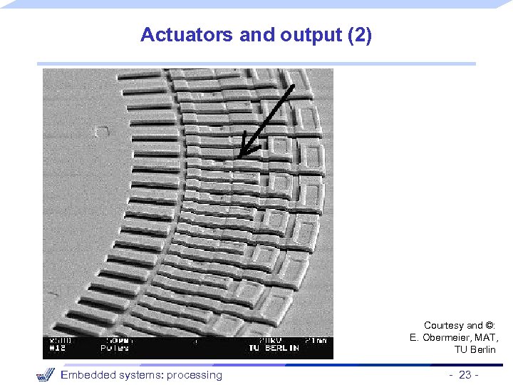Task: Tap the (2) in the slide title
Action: click(x=358, y=35)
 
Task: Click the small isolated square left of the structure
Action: click(x=102, y=130)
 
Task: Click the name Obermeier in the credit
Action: click(x=447, y=337)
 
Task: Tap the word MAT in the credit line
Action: click(x=487, y=337)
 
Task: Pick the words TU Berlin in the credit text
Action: click(x=475, y=349)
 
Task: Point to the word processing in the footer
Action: click(x=195, y=375)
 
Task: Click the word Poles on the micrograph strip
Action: click(x=116, y=348)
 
